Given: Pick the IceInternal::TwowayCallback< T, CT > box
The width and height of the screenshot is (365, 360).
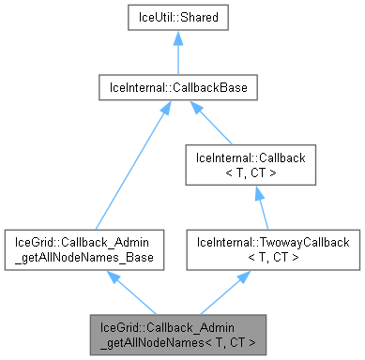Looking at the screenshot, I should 273,249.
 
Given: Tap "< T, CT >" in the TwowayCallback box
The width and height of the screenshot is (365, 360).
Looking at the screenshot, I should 273,256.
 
